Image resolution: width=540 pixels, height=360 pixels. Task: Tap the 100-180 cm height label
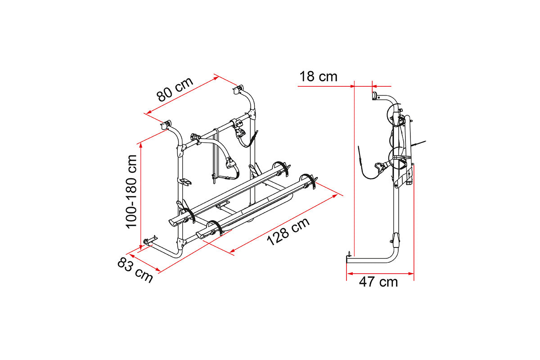131,191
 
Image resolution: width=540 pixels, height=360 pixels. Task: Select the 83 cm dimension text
135,270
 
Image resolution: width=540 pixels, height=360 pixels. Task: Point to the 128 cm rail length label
288,232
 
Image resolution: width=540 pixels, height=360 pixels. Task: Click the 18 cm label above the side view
318,77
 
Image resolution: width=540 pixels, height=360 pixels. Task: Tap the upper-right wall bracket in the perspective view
237,90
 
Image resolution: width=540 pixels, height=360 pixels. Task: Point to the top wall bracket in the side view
374,96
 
